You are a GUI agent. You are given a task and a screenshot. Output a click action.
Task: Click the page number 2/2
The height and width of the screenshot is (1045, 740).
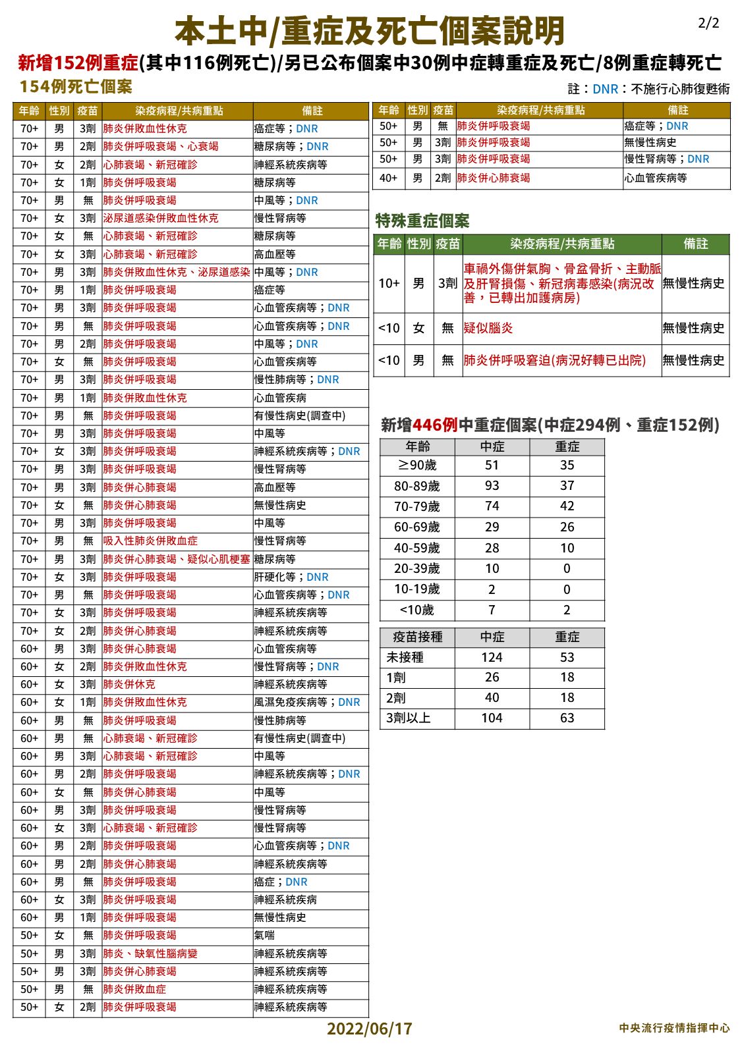click(x=708, y=24)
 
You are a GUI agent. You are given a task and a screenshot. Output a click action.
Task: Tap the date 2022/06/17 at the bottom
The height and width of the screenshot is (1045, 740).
click(x=369, y=1029)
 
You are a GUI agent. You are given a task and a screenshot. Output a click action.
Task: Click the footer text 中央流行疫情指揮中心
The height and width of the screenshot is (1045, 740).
click(x=674, y=1028)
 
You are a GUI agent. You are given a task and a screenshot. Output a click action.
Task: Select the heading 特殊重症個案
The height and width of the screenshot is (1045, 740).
click(x=422, y=221)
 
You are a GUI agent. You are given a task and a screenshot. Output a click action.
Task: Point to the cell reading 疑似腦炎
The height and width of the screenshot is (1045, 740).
click(x=488, y=328)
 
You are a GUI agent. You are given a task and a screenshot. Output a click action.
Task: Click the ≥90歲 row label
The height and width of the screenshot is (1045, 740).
click(x=417, y=466)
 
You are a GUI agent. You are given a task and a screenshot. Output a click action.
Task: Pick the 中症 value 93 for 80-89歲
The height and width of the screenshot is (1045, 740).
click(x=492, y=486)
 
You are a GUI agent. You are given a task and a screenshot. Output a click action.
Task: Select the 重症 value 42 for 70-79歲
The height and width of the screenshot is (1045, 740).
click(x=567, y=506)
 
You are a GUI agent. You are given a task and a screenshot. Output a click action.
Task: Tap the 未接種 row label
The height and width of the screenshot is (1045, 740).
click(x=405, y=657)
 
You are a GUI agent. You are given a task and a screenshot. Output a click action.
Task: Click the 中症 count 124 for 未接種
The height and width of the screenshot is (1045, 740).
click(x=492, y=657)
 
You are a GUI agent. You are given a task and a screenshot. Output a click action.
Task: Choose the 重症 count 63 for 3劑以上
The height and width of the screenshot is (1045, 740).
click(x=567, y=718)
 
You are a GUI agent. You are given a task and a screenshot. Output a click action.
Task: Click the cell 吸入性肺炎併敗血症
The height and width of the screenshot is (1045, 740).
click(x=150, y=541)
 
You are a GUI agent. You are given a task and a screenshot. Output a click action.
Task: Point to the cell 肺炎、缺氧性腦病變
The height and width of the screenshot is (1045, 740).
click(x=150, y=953)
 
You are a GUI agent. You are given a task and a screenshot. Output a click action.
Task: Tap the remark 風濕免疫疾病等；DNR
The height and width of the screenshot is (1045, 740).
click(x=307, y=703)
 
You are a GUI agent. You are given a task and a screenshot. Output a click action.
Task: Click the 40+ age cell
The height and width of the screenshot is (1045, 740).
click(x=389, y=178)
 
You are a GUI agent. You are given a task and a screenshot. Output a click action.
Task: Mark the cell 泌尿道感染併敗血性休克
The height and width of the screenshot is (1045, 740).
click(x=161, y=218)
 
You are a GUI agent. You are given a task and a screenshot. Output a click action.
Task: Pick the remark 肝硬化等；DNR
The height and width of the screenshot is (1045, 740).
click(x=291, y=577)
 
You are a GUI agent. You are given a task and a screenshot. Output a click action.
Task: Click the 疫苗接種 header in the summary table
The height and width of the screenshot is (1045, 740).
click(x=417, y=637)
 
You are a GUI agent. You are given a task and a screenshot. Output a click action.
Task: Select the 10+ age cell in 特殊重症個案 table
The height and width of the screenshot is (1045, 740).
click(x=389, y=283)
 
